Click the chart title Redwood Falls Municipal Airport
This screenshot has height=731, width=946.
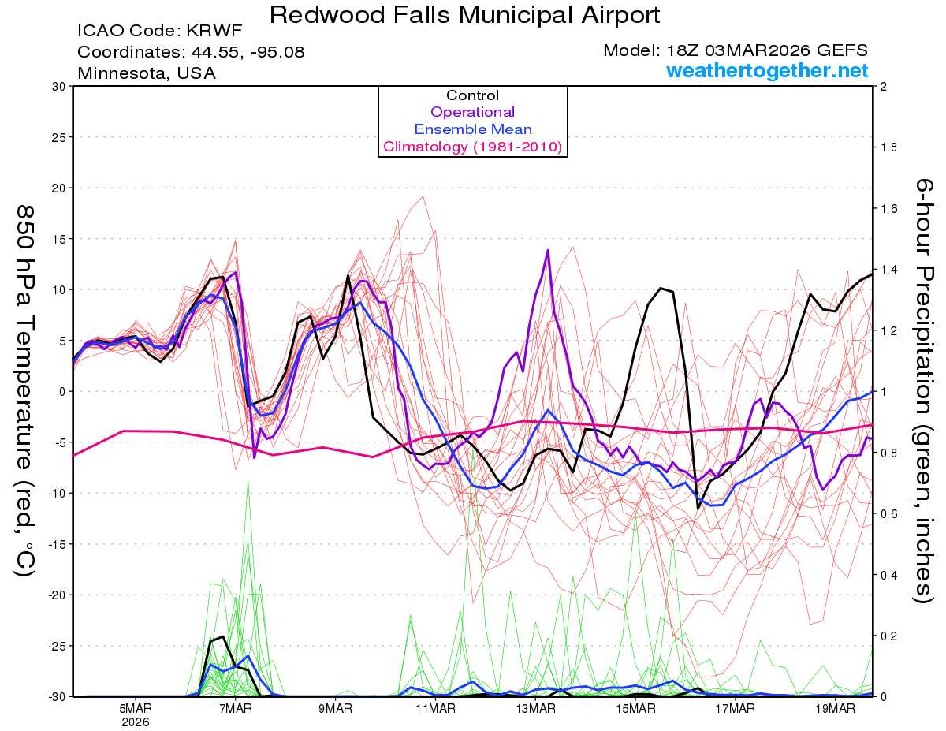(x=464, y=15)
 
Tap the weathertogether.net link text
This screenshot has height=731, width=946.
(x=767, y=71)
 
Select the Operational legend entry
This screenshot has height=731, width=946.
(x=472, y=112)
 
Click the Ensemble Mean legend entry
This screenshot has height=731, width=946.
(x=472, y=129)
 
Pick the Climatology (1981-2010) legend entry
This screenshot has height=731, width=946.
(x=472, y=147)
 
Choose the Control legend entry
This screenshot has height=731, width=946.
(x=472, y=95)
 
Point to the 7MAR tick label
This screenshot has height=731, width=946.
(x=235, y=708)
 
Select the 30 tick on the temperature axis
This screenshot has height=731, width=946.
(x=58, y=86)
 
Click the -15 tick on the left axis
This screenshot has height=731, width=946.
(x=56, y=543)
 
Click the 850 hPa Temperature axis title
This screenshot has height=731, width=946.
(x=24, y=390)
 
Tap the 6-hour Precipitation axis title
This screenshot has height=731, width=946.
(x=924, y=390)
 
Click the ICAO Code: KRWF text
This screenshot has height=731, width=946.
(x=159, y=32)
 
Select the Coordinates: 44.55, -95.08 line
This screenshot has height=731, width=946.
(x=191, y=52)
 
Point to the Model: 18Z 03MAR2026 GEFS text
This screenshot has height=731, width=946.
(x=736, y=50)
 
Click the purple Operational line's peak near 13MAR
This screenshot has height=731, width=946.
(x=547, y=250)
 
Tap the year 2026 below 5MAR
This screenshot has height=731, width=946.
(x=136, y=722)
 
